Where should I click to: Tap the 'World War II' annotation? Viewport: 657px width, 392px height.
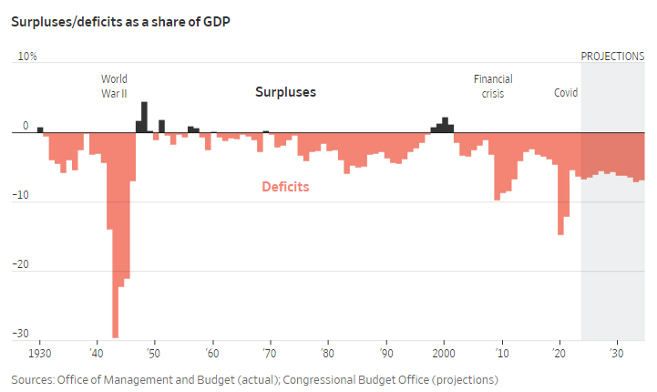click(115, 86)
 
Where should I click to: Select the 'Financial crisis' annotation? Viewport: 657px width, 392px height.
click(493, 86)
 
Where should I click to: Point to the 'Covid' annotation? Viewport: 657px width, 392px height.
click(566, 93)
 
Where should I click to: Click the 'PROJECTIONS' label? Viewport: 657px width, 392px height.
click(612, 57)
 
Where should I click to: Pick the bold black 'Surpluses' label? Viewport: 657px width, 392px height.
click(285, 92)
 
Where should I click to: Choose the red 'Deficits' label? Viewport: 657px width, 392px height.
click(285, 187)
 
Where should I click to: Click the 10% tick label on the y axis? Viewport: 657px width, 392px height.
click(27, 57)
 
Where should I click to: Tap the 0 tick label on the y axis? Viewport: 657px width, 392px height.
click(26, 126)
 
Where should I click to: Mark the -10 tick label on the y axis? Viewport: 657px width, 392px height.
click(22, 195)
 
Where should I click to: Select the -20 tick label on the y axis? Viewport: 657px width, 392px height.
click(22, 264)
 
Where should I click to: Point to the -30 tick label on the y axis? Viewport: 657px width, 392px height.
click(22, 334)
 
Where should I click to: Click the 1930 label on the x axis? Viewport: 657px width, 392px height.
click(39, 353)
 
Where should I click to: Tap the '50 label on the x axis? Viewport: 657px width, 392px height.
click(153, 353)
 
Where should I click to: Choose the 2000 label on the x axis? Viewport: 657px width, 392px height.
click(445, 353)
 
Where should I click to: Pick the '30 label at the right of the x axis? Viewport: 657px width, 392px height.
click(616, 353)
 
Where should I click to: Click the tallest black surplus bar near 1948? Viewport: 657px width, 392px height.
click(144, 118)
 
